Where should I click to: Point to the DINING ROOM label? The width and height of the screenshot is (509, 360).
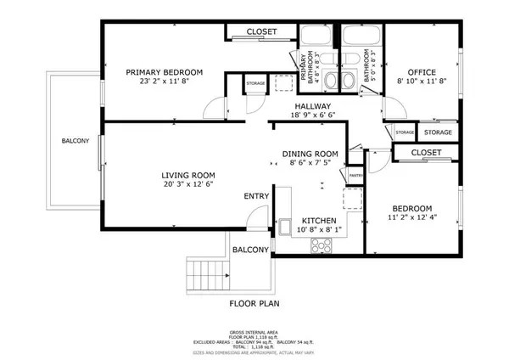pyautogui.click(x=310, y=155)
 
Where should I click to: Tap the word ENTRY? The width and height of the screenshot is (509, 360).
pyautogui.click(x=256, y=196)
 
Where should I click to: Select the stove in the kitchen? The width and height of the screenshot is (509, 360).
pyautogui.click(x=322, y=245)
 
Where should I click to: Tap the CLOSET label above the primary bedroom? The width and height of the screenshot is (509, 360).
pyautogui.click(x=261, y=32)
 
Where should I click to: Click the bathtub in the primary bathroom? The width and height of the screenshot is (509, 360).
pyautogui.click(x=319, y=37)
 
